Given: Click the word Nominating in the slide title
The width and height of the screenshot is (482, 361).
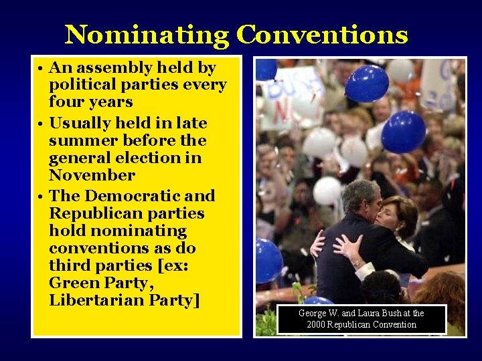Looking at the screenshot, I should point(146,35).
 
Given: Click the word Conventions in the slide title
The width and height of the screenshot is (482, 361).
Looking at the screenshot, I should point(322,35).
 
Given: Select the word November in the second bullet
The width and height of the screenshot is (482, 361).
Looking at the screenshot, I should point(92,176).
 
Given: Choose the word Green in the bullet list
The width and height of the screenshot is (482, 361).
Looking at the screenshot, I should point(75,283).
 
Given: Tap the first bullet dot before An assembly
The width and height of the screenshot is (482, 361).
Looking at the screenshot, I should point(41,69).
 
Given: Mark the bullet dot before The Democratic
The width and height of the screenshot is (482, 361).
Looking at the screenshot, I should point(41,197).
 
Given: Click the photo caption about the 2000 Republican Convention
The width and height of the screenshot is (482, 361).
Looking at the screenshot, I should point(361,319).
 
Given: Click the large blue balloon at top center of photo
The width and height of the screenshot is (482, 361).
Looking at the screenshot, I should point(367,84).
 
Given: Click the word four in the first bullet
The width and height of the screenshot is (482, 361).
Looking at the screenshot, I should point(62,102).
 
